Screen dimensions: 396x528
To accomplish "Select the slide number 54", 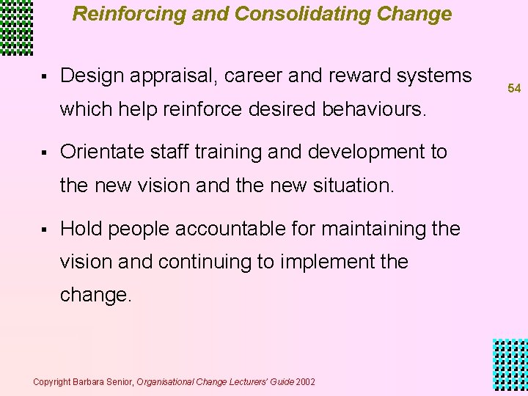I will point(514,88).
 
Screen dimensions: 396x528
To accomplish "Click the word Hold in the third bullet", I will point(79,229).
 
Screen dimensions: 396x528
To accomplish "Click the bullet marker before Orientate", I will point(45,153).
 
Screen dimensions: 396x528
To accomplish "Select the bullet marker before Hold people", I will point(45,230).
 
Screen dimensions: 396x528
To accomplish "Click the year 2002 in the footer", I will point(307,382).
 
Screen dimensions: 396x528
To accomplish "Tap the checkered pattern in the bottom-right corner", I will point(510,367).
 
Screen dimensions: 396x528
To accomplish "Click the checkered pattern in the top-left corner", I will point(16,27).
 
